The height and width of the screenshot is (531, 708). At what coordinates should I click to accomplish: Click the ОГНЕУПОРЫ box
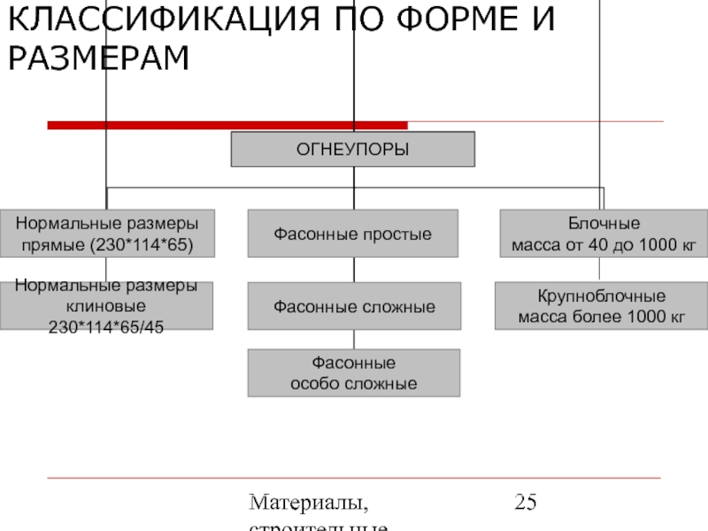pos(352,150)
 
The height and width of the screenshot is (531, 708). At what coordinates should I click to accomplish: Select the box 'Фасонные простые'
pos(352,235)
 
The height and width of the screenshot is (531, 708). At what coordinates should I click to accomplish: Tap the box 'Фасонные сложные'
pos(354,306)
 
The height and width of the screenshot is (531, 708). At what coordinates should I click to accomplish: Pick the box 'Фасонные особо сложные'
pos(353,373)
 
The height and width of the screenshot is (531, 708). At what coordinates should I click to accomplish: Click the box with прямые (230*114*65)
pos(106,234)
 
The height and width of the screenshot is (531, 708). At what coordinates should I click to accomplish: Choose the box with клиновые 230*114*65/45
pos(106,306)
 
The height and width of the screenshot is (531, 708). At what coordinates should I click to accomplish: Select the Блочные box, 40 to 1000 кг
pos(604,234)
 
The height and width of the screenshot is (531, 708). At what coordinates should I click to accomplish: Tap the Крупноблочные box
pos(601,306)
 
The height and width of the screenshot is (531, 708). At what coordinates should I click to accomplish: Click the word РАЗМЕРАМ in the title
pos(98,58)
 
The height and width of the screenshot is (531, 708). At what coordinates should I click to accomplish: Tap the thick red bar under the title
pos(227,126)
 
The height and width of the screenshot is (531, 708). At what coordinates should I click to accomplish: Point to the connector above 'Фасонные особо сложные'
pos(354,339)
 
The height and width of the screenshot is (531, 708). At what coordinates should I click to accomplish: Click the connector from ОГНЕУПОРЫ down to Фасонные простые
pos(353,188)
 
